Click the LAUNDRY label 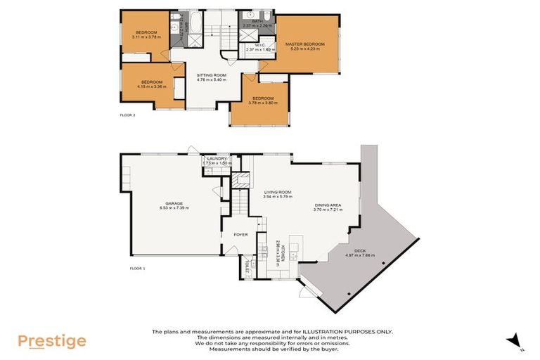coord(217,158)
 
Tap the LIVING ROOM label coord(277,191)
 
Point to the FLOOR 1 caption coord(137,268)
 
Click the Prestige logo coord(52,342)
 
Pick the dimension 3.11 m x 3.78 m coord(146,36)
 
